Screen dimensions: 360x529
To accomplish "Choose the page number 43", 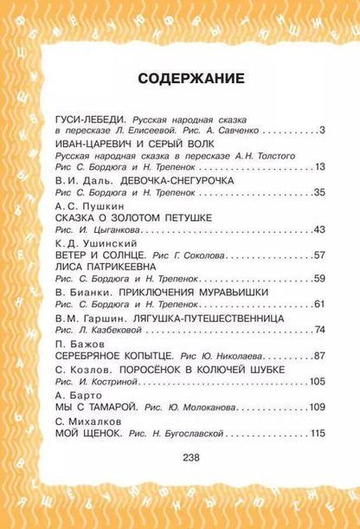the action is pos(318,230).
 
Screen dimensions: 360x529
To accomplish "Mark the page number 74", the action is pos(318,330).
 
